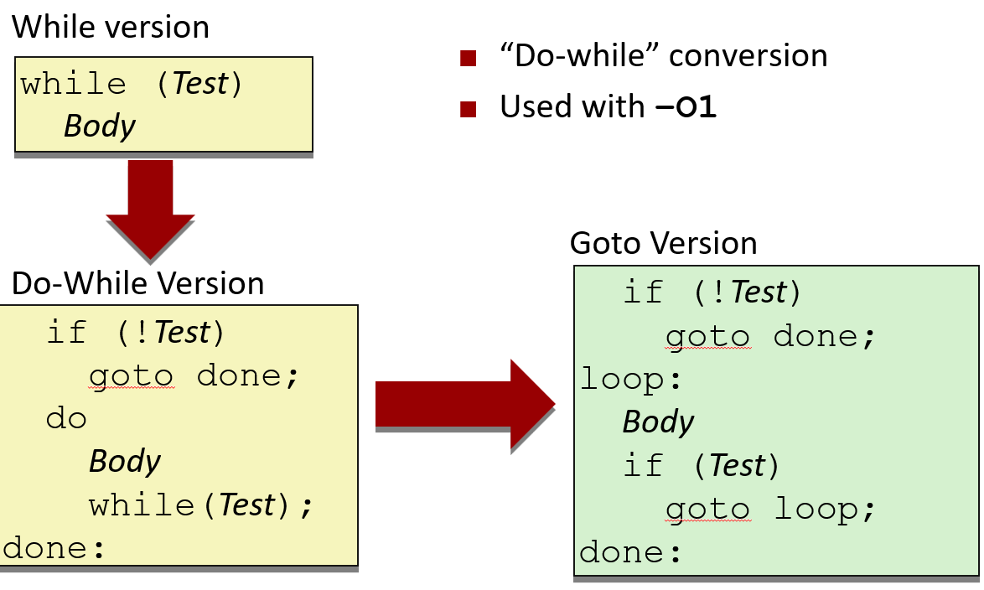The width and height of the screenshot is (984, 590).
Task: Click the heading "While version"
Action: pos(111,28)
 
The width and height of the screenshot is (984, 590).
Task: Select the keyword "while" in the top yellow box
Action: pos(74,84)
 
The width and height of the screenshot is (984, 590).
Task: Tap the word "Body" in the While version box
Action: pos(99,126)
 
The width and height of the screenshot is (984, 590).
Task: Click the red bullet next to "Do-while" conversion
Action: pos(469,58)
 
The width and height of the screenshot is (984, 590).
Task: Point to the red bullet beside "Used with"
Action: pos(469,108)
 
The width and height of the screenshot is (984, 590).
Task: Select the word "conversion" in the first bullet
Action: pos(748,56)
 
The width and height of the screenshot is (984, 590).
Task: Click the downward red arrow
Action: pos(151,210)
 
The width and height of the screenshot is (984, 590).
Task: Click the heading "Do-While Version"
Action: pos(137,283)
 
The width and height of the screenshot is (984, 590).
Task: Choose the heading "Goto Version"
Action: pos(663,243)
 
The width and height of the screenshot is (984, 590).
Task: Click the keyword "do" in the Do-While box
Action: pos(67,417)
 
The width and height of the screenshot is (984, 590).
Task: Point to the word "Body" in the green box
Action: pos(658,422)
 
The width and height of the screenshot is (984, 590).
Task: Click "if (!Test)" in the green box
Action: pos(712,292)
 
